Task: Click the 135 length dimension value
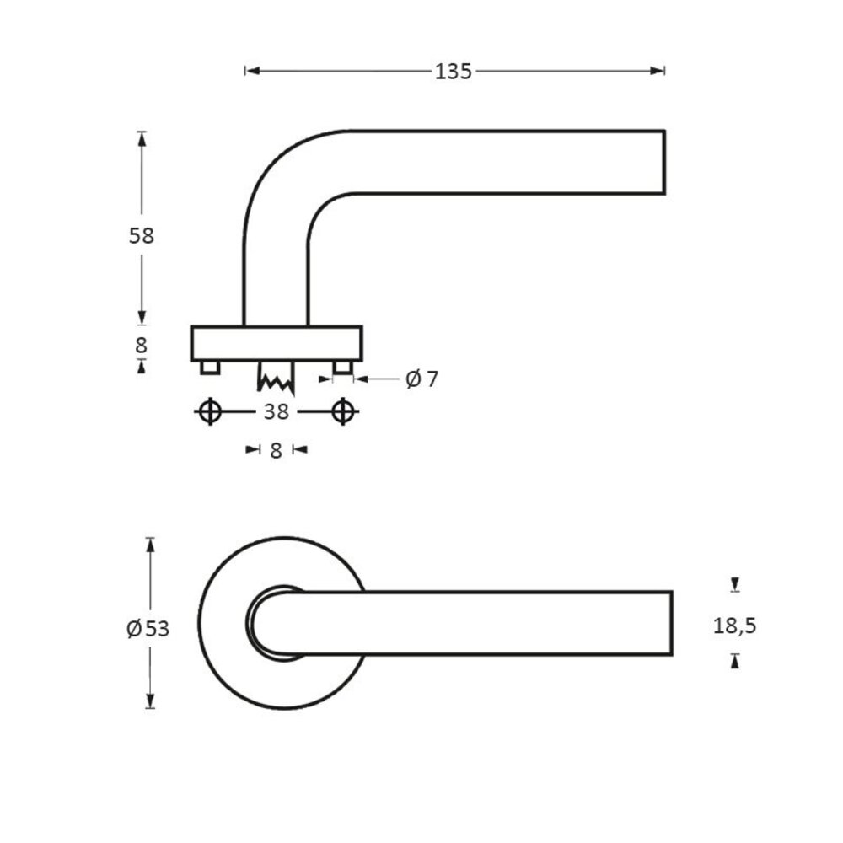pos(453,72)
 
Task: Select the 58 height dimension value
pos(142,236)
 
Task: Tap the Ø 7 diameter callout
pos(422,379)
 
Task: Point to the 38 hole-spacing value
pos(276,411)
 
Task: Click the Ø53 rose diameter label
pos(148,628)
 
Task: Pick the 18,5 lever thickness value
pos(735,626)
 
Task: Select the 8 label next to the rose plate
pos(142,345)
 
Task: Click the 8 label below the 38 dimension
pos(276,450)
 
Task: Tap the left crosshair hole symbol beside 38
pos(210,411)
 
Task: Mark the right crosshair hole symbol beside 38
pos(342,411)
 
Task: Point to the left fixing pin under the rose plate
pos(210,367)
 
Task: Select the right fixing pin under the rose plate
pos(342,367)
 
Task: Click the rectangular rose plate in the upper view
pos(276,343)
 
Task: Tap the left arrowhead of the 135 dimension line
pos(250,72)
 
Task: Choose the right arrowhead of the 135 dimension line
pos(660,72)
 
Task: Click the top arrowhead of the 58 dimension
pos(142,137)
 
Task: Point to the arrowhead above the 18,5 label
pos(735,584)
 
